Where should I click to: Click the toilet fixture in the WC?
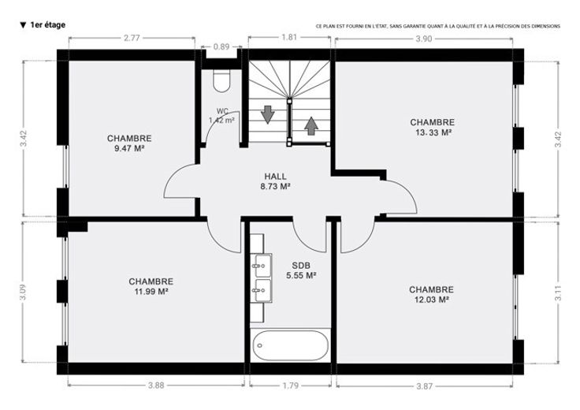coord(221,80)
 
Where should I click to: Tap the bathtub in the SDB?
coord(290,345)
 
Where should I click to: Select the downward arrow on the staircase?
coord(267,114)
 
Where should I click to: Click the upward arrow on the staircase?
coord(311,126)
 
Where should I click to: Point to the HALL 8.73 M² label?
coord(275,181)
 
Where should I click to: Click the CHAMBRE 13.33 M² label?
coord(433,127)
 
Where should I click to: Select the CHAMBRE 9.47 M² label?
coord(129,143)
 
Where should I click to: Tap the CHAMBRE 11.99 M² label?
coord(151,286)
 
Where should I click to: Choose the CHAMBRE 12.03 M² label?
coord(431,295)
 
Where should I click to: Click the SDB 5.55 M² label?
coord(301,270)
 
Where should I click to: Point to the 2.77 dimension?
coord(132,38)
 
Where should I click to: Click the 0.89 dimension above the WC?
coord(221,47)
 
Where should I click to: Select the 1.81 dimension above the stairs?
coord(289,37)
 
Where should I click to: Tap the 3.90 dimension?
coord(424,39)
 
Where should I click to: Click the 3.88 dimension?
coord(156,386)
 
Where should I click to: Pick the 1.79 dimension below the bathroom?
coord(290,386)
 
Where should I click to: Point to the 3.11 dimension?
coord(558,292)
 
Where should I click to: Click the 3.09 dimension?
coord(23,292)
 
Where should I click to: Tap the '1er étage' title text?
coord(48,24)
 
